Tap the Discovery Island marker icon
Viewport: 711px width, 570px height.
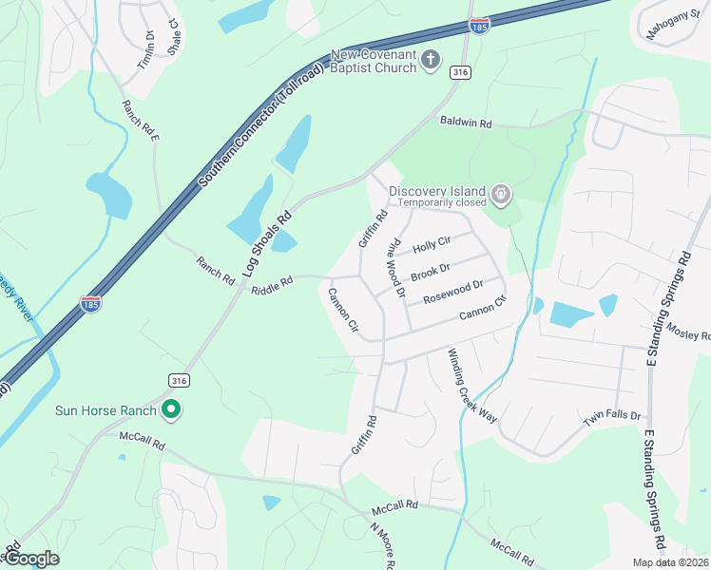pos(501,197)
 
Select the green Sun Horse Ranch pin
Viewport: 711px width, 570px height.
pos(171,410)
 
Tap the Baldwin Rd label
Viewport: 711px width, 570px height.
pos(466,123)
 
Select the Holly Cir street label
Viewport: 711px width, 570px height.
pos(431,244)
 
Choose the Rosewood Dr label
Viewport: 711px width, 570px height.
pos(453,290)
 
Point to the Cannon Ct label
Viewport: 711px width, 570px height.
pos(485,312)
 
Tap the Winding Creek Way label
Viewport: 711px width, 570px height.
pos(472,386)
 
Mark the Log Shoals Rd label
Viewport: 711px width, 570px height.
pos(265,243)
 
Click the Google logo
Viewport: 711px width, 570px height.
pos(30,559)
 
